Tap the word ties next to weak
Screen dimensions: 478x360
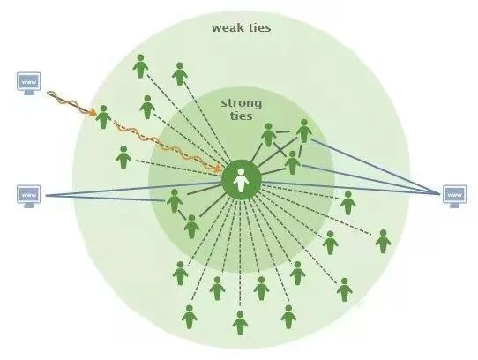260,27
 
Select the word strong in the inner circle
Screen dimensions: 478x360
242,104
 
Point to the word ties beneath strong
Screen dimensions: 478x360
242,116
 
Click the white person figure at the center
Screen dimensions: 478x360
241,180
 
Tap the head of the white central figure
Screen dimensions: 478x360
241,172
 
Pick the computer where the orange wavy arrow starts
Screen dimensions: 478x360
28,84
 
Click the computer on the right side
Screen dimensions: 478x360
454,196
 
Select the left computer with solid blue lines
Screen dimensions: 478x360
28,197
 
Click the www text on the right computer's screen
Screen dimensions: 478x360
454,194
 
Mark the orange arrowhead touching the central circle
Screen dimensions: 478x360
218,169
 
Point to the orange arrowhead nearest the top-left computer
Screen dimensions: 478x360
92,112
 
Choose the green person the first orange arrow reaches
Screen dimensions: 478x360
103,116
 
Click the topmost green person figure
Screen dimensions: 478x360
140,66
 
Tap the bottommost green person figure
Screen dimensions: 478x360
240,324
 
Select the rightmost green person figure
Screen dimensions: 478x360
383,242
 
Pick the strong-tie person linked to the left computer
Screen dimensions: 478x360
175,201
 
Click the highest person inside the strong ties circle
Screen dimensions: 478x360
304,131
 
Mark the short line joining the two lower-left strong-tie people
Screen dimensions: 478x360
182,214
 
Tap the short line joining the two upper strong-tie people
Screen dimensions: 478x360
283,132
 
